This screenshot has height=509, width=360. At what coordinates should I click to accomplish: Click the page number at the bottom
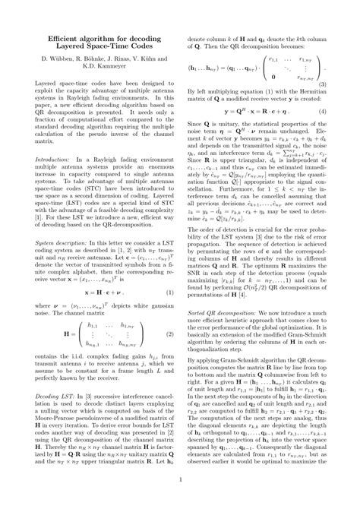point(180,479)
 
